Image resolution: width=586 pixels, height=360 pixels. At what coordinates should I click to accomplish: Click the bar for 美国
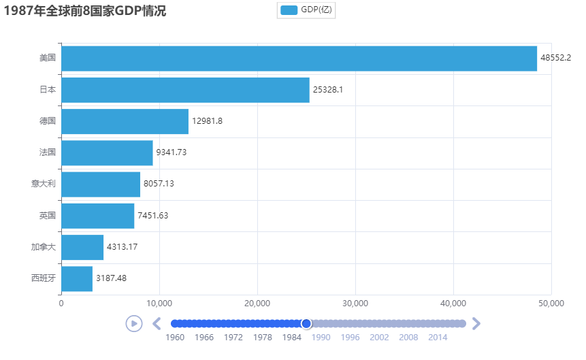299,59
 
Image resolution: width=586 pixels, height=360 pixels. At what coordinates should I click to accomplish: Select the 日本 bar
185,90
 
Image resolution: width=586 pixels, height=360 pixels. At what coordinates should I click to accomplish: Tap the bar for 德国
125,121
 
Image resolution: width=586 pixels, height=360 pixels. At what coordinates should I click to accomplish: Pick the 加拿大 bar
82,247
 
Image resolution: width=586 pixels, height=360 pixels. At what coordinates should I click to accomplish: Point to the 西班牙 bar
77,278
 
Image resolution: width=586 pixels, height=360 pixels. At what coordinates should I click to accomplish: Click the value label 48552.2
555,59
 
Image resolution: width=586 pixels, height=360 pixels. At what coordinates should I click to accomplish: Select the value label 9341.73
171,152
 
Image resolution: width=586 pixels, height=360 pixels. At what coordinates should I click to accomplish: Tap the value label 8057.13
159,184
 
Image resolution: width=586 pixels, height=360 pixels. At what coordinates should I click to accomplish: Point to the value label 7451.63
152,216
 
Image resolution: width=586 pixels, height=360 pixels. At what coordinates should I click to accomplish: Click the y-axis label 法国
48,152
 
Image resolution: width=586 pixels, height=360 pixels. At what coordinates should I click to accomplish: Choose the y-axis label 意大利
44,184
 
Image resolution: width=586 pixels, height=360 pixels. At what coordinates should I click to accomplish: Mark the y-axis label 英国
48,216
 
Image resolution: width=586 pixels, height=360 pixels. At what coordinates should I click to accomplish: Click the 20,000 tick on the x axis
257,304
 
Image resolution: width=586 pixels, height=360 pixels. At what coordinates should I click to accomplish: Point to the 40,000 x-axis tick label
453,304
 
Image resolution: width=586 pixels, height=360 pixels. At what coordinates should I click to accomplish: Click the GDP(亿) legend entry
307,10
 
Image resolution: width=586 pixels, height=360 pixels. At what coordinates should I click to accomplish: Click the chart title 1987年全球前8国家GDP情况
85,11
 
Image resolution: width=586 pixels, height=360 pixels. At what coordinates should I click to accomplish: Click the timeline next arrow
476,323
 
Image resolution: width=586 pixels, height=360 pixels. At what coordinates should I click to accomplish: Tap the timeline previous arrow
156,323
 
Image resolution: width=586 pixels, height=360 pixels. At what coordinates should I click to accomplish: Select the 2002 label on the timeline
379,337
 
